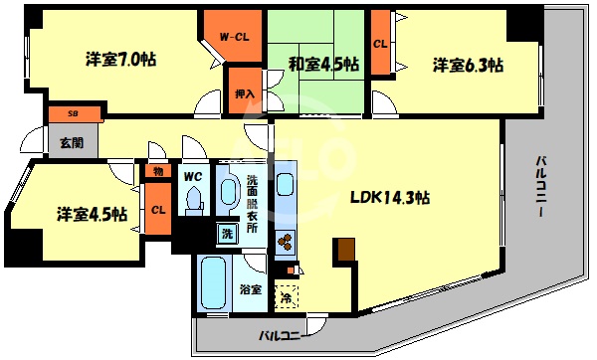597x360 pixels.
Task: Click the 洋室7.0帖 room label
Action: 119,60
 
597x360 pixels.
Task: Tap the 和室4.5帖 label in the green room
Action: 324,66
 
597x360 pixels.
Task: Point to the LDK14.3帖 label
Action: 390,197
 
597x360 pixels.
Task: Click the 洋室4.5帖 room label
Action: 91,214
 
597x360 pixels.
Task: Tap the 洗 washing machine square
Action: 227,235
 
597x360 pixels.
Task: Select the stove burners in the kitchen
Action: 286,242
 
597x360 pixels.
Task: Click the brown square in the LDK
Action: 345,251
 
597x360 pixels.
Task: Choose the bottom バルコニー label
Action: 280,335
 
